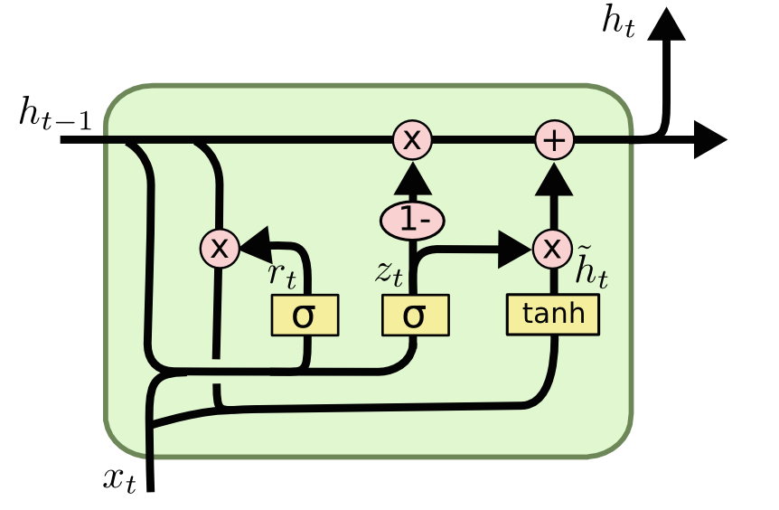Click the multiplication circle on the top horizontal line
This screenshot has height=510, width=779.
(412, 140)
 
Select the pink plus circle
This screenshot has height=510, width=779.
(555, 140)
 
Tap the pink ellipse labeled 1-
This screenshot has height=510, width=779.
(412, 221)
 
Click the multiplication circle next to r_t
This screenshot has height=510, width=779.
(220, 247)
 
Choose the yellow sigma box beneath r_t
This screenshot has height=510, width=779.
(305, 316)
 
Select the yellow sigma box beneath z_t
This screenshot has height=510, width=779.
(415, 316)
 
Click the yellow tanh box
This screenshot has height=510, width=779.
(553, 314)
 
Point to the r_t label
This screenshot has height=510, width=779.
(282, 276)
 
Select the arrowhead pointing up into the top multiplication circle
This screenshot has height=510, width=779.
(412, 184)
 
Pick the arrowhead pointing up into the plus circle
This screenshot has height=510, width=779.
(555, 182)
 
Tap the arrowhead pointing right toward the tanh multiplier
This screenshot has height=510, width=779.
(517, 249)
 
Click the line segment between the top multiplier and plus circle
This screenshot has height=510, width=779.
(483, 140)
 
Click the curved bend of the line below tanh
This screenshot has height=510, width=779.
(542, 396)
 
